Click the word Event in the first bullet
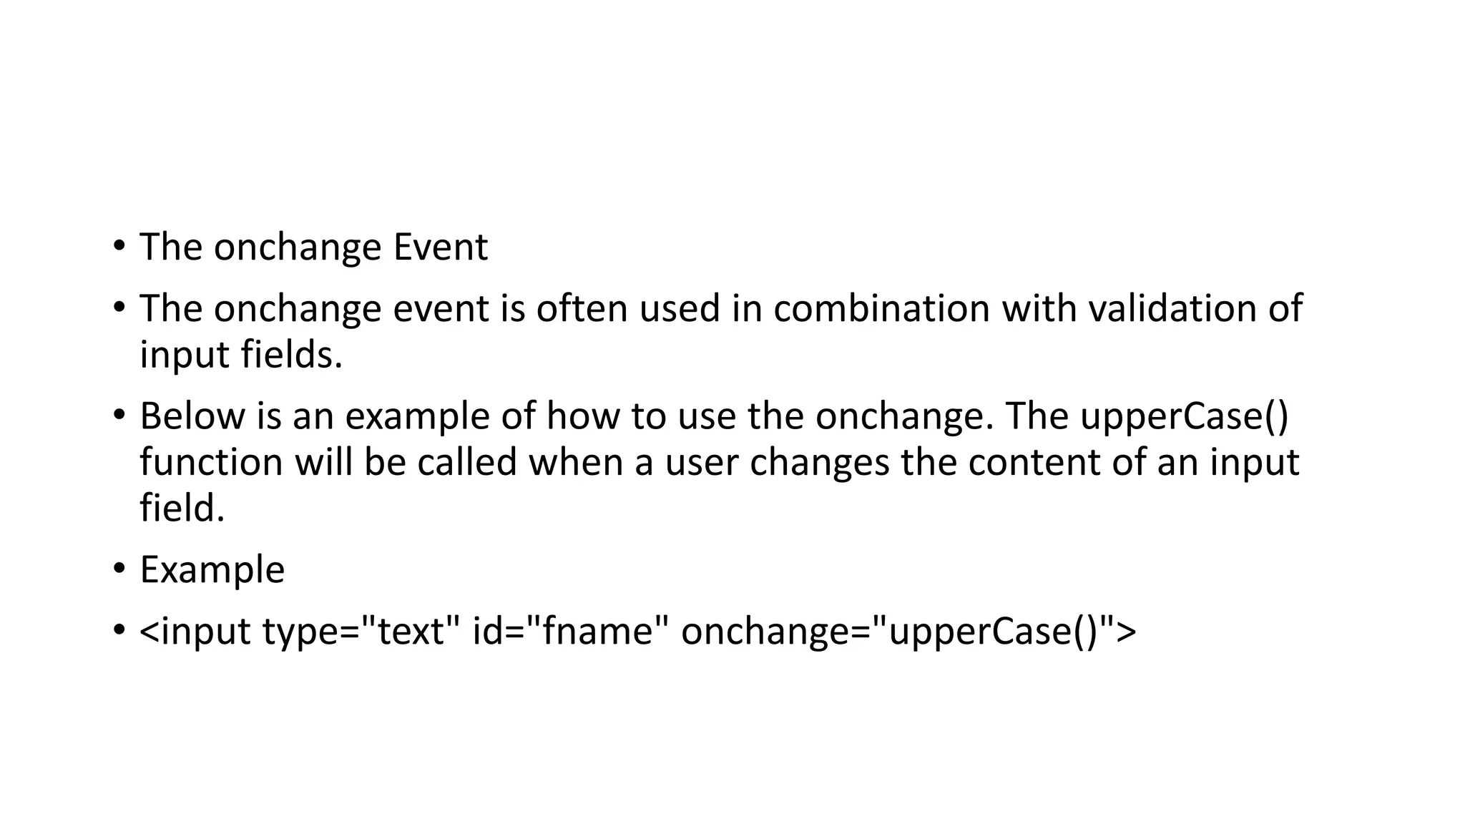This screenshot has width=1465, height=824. [x=440, y=247]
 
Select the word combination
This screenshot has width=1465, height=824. [x=880, y=309]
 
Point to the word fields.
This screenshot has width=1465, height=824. [x=291, y=355]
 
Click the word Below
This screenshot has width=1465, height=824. [x=192, y=416]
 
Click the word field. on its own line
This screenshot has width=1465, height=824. [x=182, y=508]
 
